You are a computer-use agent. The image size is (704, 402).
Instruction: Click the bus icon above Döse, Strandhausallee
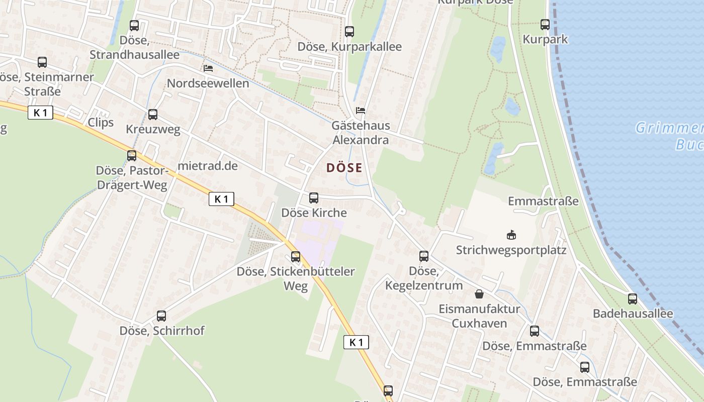(x=134, y=25)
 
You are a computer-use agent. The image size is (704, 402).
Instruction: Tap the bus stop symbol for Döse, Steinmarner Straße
(x=42, y=62)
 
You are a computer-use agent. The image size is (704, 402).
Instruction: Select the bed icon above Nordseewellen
(x=208, y=68)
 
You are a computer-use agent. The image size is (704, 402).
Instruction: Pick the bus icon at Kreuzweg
(x=153, y=114)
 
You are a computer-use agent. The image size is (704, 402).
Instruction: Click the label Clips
(x=101, y=123)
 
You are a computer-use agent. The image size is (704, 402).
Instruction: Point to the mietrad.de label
(x=208, y=166)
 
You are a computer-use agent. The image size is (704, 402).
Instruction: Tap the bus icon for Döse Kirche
(x=314, y=197)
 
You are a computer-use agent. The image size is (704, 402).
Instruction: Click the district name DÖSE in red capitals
(x=344, y=168)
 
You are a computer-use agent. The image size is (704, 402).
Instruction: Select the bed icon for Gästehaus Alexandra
(x=361, y=111)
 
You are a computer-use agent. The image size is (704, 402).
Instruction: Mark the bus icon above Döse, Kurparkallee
(x=349, y=31)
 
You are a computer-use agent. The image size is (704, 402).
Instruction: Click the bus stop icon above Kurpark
(x=545, y=24)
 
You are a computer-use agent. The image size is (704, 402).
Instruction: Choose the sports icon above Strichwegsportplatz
(x=511, y=235)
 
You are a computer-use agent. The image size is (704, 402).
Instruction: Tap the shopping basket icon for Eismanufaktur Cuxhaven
(x=479, y=293)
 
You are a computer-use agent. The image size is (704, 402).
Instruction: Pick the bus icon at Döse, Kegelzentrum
(x=424, y=256)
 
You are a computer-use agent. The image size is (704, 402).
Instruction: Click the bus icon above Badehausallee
(x=633, y=298)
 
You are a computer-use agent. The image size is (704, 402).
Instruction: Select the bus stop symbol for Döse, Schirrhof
(x=161, y=316)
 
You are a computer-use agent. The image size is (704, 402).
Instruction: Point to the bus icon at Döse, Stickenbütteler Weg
(x=296, y=257)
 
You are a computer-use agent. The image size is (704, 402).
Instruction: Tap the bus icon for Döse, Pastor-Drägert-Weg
(x=132, y=155)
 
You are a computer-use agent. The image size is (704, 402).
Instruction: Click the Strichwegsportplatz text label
(x=511, y=250)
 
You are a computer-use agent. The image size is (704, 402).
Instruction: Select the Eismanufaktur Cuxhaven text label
(x=479, y=316)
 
